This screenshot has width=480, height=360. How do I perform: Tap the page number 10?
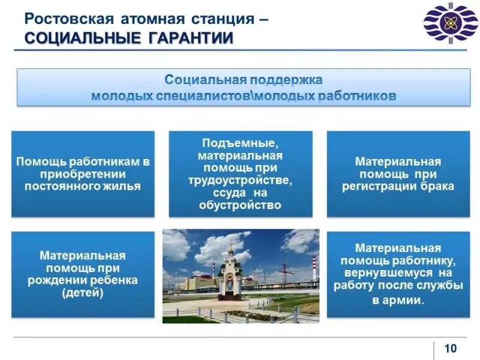[x=450, y=349]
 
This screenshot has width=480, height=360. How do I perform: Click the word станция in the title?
[x=225, y=17]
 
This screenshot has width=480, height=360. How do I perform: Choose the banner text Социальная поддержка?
[x=243, y=80]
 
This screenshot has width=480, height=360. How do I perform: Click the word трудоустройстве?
[x=240, y=180]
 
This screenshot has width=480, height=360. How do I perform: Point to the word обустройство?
[x=240, y=205]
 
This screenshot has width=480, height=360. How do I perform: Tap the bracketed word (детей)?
[x=83, y=293]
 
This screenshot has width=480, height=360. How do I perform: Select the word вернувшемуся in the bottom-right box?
[x=384, y=273]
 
